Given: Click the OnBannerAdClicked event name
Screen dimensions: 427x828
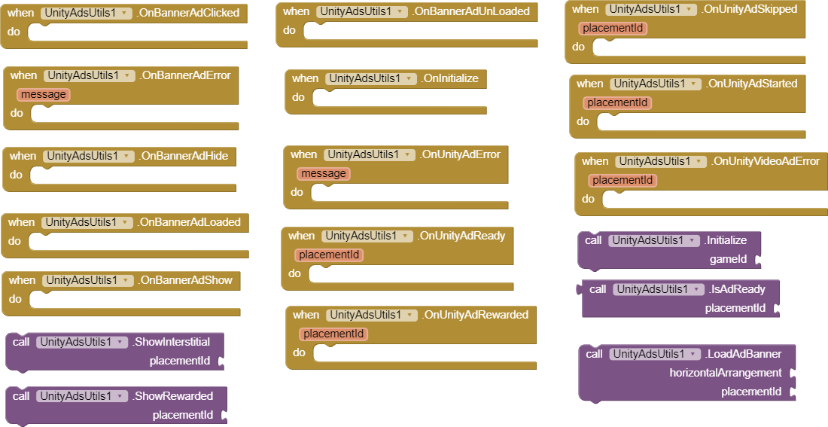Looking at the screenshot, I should point(190,13).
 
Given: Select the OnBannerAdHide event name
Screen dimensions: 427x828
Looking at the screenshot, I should point(184,156).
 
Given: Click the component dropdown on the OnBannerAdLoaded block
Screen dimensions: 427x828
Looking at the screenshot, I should point(87,222).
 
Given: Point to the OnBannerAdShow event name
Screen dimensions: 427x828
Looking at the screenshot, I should point(186,280).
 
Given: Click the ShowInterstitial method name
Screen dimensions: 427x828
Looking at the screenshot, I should point(172,342).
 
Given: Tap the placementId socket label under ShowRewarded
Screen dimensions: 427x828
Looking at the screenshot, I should point(183,415).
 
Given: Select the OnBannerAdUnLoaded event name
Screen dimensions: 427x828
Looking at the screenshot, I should point(473,11).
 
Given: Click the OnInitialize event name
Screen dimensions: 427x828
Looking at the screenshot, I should point(449,78).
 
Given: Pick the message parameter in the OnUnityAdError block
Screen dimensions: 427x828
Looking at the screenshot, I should point(324,174).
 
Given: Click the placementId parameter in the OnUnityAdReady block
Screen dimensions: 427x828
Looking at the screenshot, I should point(329,255).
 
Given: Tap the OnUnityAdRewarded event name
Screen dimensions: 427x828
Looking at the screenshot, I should point(475,315).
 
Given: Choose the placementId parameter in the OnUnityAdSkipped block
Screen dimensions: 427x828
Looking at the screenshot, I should point(613,29).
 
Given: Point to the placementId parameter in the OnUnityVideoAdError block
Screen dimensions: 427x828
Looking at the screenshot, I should point(623,181).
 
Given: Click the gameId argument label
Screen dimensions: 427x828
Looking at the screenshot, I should point(728,259).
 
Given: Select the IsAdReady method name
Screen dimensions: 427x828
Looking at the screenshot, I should point(738,289).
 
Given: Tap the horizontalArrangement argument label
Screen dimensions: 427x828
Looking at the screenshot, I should point(726,373).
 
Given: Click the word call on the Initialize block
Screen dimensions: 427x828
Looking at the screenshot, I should point(594,240).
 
